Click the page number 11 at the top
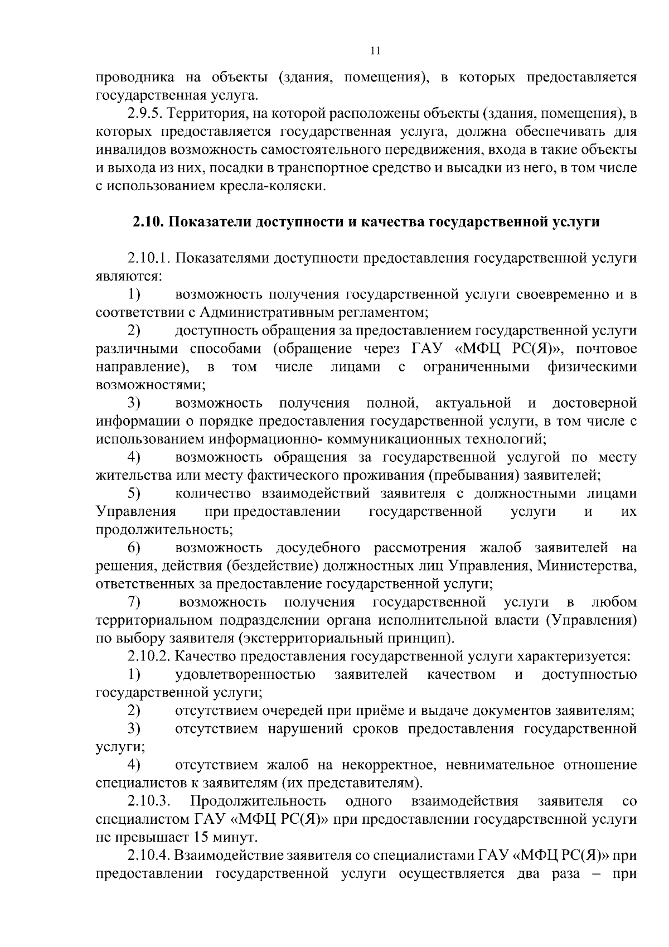(375, 51)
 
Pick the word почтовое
(606, 349)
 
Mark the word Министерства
(586, 566)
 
